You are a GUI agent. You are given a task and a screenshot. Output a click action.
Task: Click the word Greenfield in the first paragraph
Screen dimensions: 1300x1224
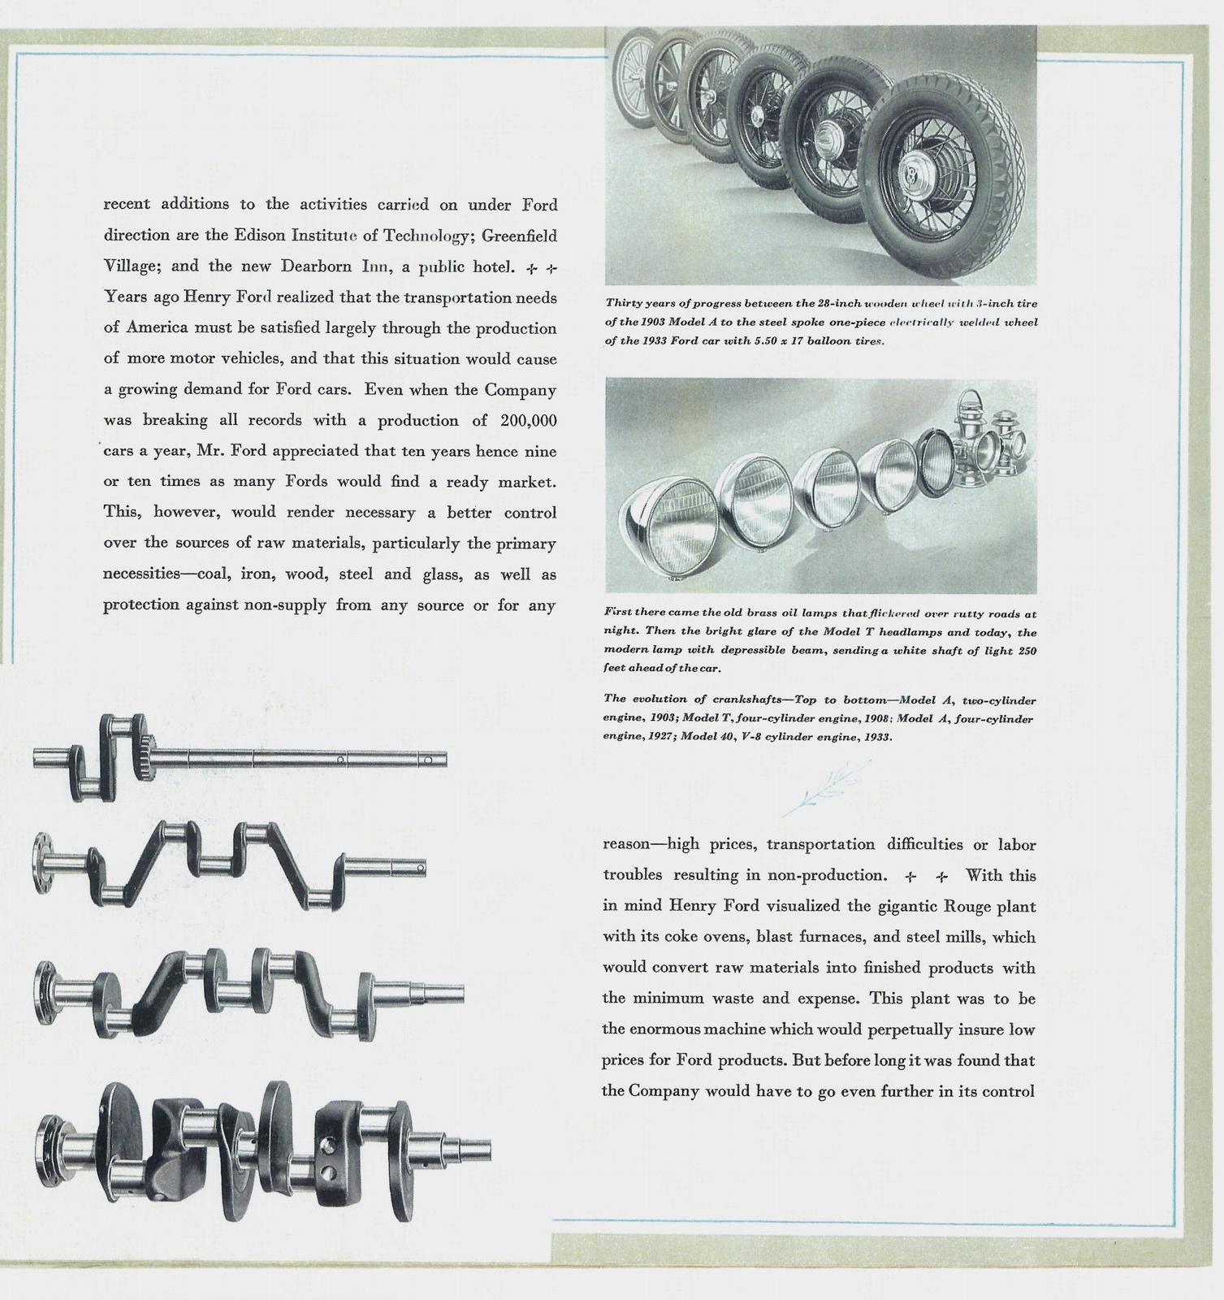pos(520,236)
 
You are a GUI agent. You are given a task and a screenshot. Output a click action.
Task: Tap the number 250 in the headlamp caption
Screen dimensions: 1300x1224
pos(1026,651)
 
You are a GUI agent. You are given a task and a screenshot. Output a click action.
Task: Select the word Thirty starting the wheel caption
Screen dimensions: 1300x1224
pos(623,303)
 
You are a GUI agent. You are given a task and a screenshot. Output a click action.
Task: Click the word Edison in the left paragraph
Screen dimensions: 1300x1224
pos(260,236)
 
